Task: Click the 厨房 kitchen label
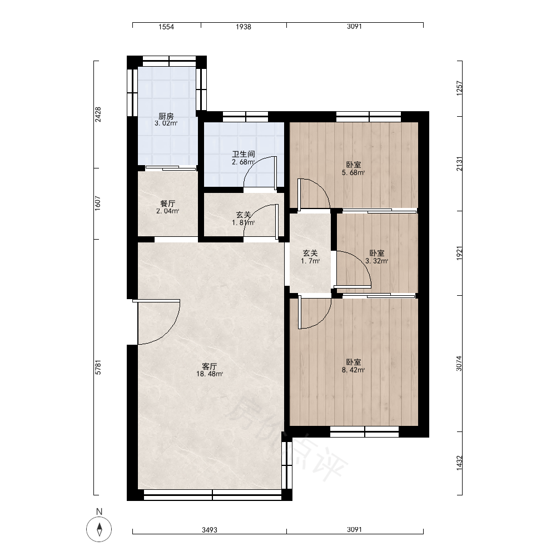point(166,116)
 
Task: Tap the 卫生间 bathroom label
point(244,154)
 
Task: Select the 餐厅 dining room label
point(168,203)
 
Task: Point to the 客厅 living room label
point(209,366)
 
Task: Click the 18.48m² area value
point(210,374)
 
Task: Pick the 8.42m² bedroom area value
point(353,370)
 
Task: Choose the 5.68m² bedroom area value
point(353,173)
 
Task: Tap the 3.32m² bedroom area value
point(376,261)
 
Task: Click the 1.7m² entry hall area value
point(310,261)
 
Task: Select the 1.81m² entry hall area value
point(244,223)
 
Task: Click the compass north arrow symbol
point(100,529)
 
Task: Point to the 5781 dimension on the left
point(98,368)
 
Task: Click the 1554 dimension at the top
point(166,27)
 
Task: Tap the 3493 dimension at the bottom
point(210,530)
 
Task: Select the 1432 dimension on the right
point(459,463)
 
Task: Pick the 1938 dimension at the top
point(244,27)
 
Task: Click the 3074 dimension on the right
point(459,364)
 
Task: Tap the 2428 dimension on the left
point(98,115)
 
